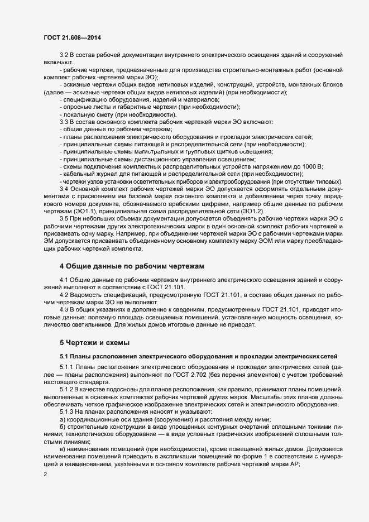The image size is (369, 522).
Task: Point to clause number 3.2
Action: click(63, 57)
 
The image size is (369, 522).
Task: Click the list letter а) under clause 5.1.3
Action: click(62, 419)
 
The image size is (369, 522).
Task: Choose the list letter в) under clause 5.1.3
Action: click(62, 450)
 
